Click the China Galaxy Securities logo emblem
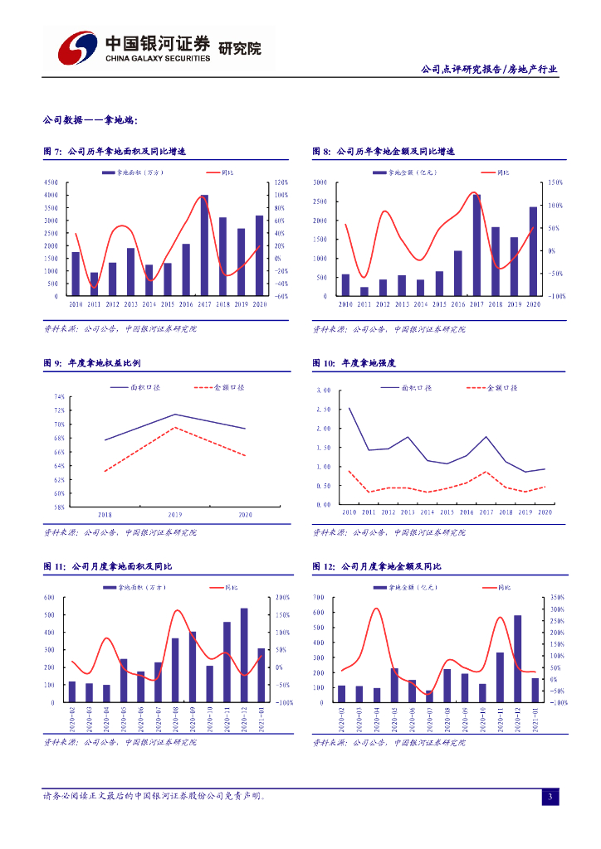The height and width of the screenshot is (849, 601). [x=76, y=48]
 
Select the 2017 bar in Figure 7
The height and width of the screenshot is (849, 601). [x=204, y=245]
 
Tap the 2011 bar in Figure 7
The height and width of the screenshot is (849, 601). [x=94, y=284]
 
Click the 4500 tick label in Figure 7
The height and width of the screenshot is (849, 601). [x=51, y=182]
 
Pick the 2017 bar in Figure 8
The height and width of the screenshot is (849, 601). [x=476, y=245]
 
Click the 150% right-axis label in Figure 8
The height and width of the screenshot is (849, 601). [x=555, y=182]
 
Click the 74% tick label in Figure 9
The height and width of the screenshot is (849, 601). [x=59, y=397]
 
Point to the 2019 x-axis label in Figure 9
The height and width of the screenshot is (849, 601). [x=174, y=515]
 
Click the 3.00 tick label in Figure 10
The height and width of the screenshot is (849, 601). [x=324, y=391]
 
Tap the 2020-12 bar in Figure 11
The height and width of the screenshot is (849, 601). [x=244, y=655]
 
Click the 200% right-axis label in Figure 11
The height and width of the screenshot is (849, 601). [x=281, y=597]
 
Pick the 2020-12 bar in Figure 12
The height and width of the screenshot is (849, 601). [x=517, y=658]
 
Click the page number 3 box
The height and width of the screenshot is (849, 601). [x=550, y=797]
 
